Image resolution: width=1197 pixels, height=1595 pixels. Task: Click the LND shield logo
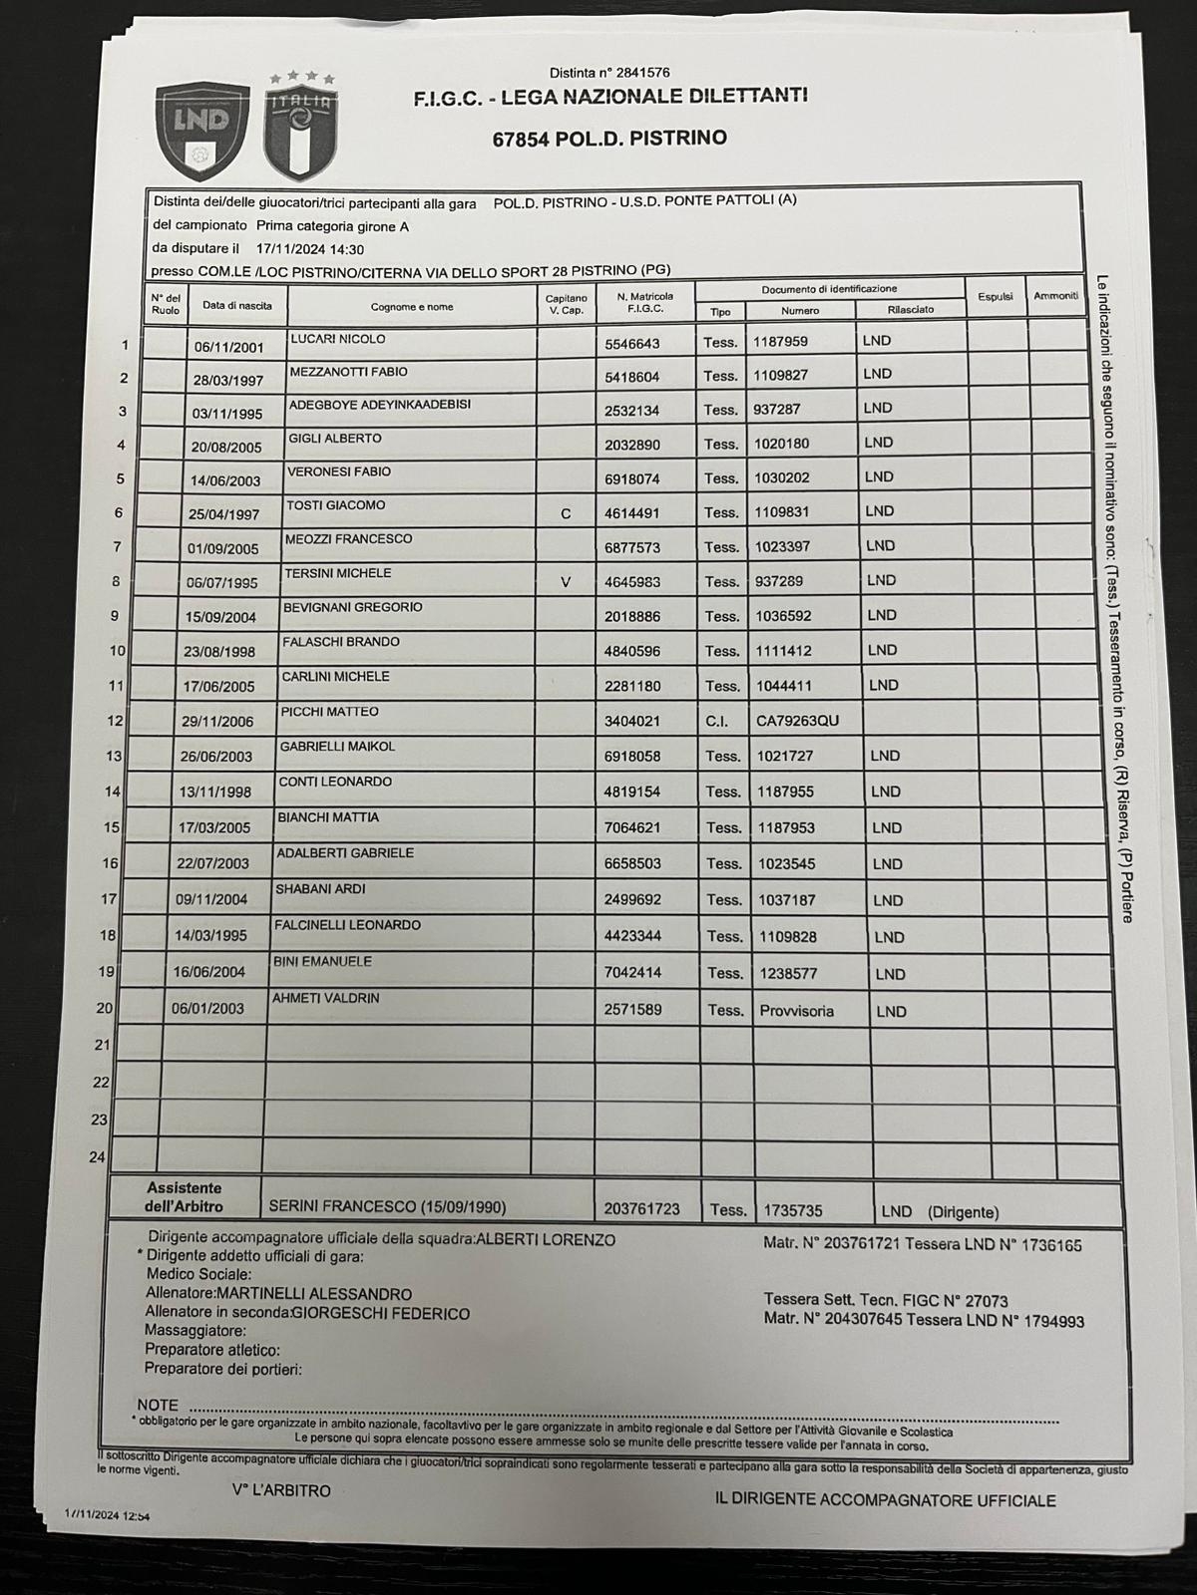click(x=202, y=124)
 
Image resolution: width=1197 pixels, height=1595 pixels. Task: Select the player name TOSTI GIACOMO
click(x=337, y=505)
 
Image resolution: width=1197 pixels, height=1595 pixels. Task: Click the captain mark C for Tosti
click(x=566, y=513)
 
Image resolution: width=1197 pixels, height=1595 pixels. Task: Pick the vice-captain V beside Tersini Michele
click(x=566, y=581)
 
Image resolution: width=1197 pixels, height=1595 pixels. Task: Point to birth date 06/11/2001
click(x=228, y=347)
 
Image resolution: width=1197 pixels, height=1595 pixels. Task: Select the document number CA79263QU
click(x=798, y=720)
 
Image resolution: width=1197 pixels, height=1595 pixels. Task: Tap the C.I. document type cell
click(x=717, y=720)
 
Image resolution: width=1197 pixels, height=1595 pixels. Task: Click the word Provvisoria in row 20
click(x=796, y=1011)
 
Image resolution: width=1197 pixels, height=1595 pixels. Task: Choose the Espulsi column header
click(x=995, y=296)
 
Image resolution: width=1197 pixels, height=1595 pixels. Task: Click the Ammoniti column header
click(x=1055, y=296)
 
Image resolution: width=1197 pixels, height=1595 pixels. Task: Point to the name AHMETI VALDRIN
click(x=325, y=998)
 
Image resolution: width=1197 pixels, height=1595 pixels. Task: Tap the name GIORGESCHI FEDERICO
click(x=380, y=1313)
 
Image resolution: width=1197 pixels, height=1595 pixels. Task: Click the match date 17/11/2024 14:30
click(x=309, y=250)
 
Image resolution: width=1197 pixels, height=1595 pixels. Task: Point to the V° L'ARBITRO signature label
click(x=281, y=1490)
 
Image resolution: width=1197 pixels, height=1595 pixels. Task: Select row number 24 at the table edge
click(x=98, y=1157)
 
